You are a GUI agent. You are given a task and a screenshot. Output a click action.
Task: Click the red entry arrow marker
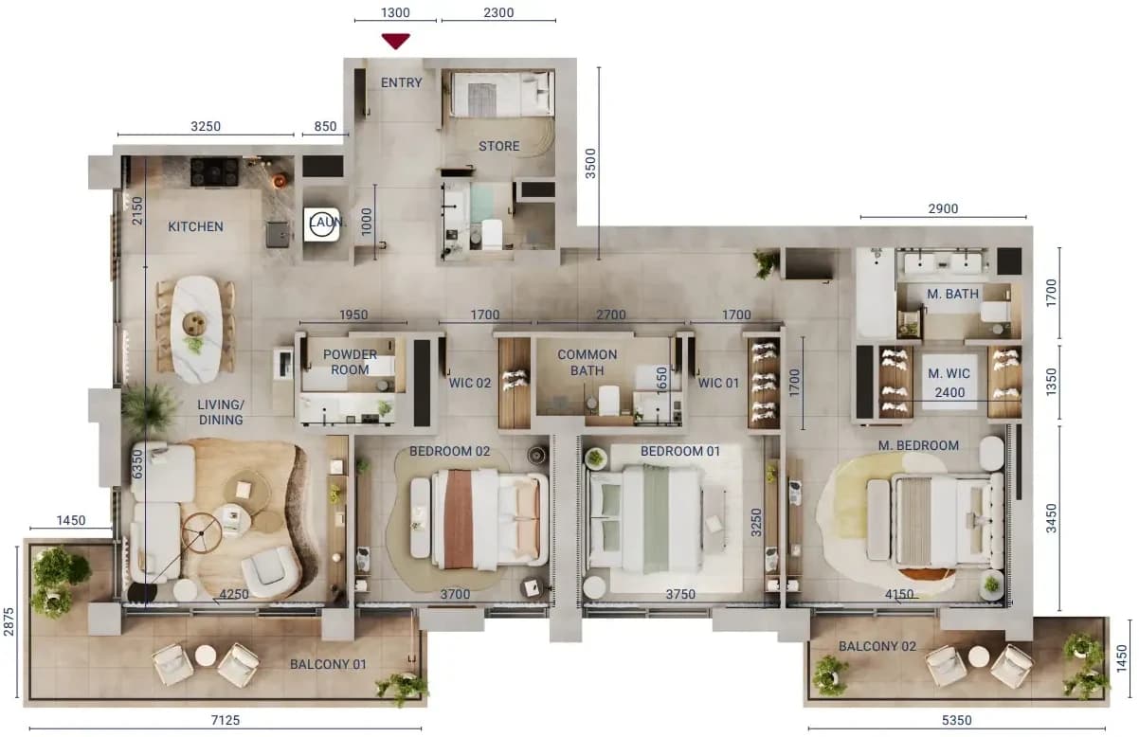click(395, 41)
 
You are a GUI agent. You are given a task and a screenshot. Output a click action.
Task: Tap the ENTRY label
click(401, 82)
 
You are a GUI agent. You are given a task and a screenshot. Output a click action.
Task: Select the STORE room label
click(498, 147)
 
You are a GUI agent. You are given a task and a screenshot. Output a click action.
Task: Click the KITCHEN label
click(196, 226)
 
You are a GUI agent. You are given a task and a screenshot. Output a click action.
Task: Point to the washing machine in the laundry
click(321, 225)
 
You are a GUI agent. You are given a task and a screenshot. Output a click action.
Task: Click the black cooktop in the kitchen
click(214, 171)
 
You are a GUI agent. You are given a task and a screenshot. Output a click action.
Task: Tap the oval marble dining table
click(196, 330)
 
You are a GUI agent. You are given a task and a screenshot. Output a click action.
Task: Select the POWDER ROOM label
click(350, 362)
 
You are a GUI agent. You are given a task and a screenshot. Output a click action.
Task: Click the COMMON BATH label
click(588, 363)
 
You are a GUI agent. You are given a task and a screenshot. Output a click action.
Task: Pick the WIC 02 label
click(470, 383)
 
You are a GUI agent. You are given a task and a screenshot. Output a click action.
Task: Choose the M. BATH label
click(952, 294)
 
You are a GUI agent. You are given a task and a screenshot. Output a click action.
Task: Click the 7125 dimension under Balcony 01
click(226, 720)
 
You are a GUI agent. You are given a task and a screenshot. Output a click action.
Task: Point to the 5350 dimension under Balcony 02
click(956, 720)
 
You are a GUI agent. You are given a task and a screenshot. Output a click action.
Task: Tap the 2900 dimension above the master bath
click(943, 209)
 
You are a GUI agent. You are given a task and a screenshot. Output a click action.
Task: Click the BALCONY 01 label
click(328, 664)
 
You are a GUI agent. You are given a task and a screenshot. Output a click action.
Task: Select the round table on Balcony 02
click(979, 656)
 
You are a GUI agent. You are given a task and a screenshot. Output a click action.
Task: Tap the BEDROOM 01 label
click(680, 451)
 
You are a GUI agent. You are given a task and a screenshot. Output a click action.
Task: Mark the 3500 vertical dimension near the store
click(590, 164)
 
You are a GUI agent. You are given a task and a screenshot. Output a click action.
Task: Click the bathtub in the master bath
click(876, 294)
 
